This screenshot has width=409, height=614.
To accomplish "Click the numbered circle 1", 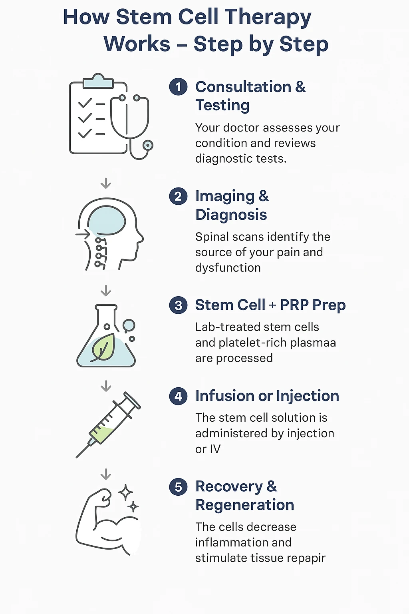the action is (178, 87).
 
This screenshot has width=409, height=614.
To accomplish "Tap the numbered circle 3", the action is (178, 305).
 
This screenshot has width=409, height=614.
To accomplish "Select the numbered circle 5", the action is (178, 487).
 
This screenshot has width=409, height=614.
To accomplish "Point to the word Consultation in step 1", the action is (244, 87).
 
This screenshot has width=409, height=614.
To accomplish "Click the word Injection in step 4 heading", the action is (308, 396).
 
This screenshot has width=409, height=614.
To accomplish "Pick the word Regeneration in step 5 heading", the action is (244, 505).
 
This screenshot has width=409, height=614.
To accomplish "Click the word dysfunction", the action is (228, 268).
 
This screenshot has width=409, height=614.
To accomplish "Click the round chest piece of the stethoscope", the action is (148, 145).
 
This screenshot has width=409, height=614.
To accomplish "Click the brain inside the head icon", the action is (106, 221).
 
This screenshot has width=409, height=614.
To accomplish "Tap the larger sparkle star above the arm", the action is (125, 492).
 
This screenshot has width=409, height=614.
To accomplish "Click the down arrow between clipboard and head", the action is (106, 183).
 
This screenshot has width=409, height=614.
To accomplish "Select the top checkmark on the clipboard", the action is (85, 103).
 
